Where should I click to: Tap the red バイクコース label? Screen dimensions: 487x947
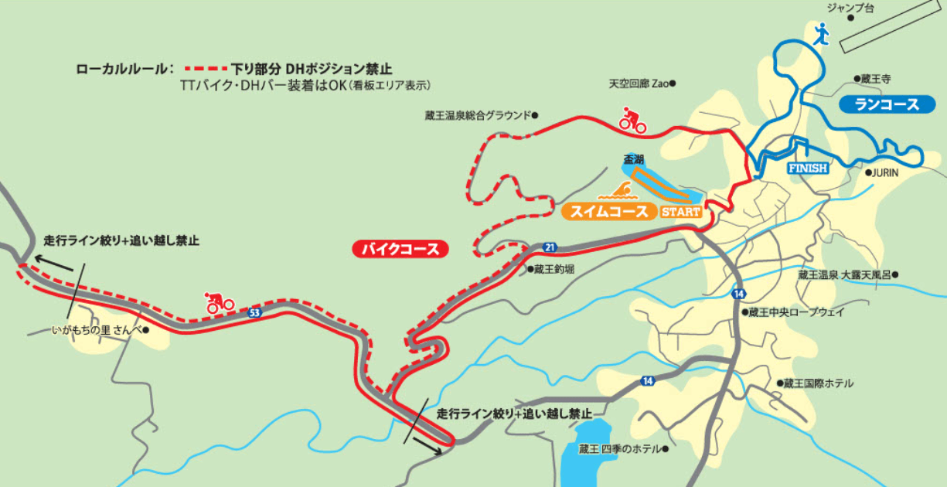click(400, 250)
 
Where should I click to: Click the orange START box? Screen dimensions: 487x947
click(681, 212)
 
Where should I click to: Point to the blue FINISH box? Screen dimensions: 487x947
click(807, 168)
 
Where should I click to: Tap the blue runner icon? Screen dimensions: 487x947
click(821, 33)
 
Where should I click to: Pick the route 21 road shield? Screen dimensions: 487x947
click(550, 247)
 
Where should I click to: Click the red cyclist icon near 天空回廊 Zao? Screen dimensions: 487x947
click(633, 120)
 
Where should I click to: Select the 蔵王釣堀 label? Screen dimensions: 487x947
click(551, 270)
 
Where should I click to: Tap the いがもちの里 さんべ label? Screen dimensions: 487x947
click(98, 329)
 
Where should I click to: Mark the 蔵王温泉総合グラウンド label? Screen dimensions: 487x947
click(479, 115)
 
